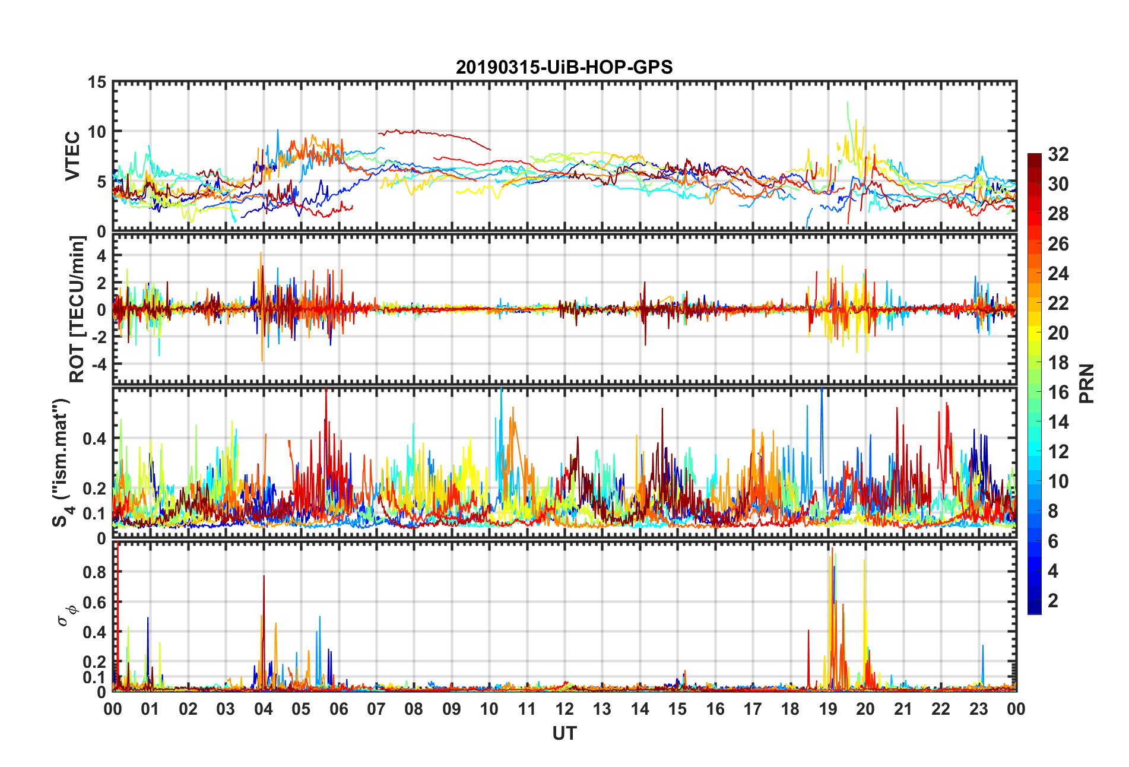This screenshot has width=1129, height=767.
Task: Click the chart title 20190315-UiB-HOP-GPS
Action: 564,67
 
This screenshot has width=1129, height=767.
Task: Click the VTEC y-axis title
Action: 72,156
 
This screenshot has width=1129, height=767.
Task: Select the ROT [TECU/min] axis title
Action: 77,309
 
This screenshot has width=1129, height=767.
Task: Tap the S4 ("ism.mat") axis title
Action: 61,463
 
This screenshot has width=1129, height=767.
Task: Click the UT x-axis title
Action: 564,734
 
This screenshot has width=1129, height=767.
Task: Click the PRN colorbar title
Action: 1086,383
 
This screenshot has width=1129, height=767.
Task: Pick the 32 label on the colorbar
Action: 1058,154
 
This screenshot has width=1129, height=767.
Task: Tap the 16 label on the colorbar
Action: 1058,392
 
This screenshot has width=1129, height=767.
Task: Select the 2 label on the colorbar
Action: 1053,601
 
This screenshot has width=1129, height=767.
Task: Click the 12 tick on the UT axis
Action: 564,709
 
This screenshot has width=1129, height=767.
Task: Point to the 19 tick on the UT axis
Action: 827,709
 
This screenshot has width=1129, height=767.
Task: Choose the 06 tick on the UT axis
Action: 338,709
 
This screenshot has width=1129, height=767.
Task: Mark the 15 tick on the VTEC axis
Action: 97,83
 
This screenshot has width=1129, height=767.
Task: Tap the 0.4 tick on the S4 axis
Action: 94,439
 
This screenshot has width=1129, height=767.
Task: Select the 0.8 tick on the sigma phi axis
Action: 94,572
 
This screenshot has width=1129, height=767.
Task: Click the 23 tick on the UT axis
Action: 978,709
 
